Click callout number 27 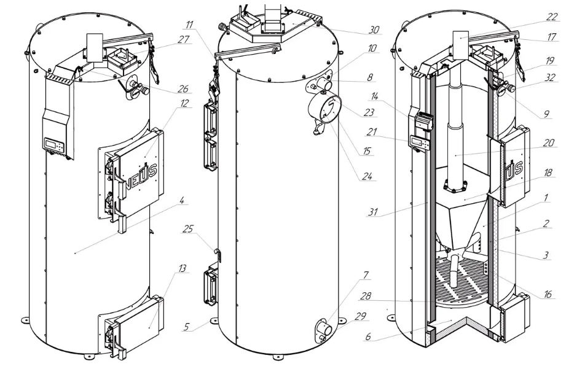(x=183, y=39)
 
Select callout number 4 (x=182, y=200)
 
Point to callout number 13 (x=182, y=268)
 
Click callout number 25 (x=187, y=230)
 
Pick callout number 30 (x=374, y=30)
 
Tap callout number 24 (x=367, y=177)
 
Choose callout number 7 (x=365, y=274)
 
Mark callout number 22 (x=552, y=17)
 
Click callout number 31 (x=373, y=212)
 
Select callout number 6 (x=368, y=337)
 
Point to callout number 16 (x=548, y=294)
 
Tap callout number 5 (x=187, y=327)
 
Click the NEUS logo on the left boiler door (x=142, y=174)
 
